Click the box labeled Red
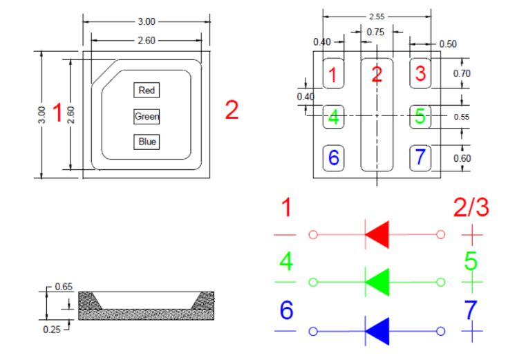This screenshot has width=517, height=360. (147, 91)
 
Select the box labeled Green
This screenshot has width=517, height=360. (147, 116)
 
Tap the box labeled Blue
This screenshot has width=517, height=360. (147, 142)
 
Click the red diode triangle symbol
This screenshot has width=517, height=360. (377, 235)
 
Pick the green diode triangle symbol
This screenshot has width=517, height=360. (377, 282)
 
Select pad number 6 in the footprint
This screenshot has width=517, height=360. (334, 158)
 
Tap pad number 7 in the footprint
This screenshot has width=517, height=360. (420, 158)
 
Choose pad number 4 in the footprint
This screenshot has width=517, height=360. (334, 116)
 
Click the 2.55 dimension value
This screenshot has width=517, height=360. (377, 16)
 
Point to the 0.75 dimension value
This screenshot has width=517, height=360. (376, 31)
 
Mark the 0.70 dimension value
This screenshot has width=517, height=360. (462, 73)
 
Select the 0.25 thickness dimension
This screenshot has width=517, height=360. (51, 330)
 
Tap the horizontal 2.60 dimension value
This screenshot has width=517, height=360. (147, 41)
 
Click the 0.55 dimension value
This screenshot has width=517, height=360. (462, 117)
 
